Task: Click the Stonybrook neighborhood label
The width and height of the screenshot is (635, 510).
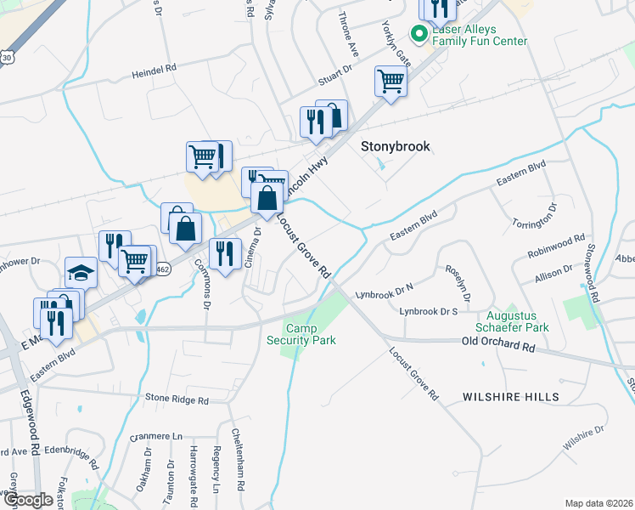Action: (x=396, y=146)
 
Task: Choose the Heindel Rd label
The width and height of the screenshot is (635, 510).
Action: (x=153, y=74)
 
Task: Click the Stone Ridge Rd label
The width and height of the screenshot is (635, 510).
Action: (x=177, y=399)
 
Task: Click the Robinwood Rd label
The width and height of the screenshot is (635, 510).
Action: (x=557, y=246)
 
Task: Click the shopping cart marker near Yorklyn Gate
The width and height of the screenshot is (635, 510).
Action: (x=391, y=82)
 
